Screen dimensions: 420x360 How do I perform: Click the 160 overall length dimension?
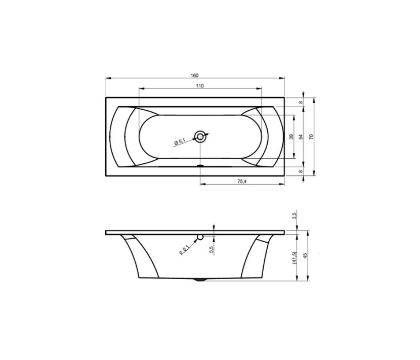click(x=195, y=75)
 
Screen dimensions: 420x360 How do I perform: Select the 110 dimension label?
click(x=200, y=86)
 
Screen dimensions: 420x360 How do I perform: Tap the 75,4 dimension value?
click(x=242, y=181)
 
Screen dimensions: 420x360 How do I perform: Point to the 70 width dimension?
click(x=311, y=137)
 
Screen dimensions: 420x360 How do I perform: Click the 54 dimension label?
click(x=301, y=137)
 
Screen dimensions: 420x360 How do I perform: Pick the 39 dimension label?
click(x=291, y=137)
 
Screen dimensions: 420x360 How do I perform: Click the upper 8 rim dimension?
click(x=301, y=102)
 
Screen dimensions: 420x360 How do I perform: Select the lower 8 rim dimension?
click(x=301, y=171)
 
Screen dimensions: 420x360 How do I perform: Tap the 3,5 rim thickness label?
click(x=294, y=215)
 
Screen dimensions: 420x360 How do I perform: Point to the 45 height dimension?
click(x=305, y=255)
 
